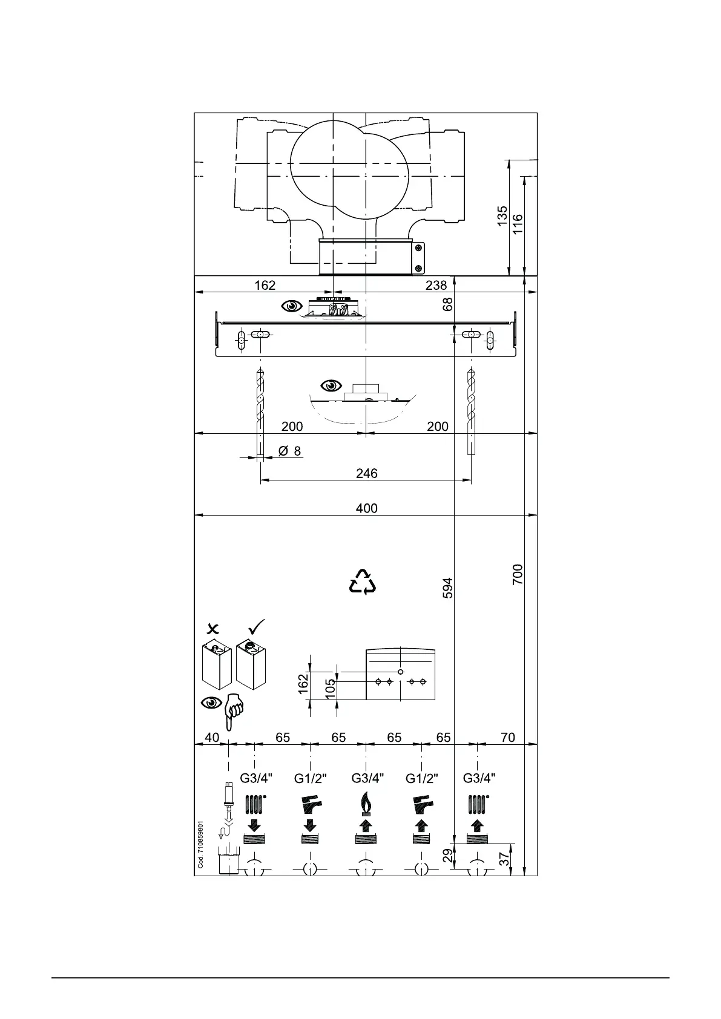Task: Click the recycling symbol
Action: click(x=363, y=582)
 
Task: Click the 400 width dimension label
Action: click(x=366, y=508)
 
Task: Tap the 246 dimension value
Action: click(x=366, y=473)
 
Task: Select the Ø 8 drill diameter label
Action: click(x=289, y=451)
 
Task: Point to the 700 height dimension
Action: click(x=518, y=574)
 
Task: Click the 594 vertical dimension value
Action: click(x=448, y=588)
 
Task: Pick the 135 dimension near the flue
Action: click(x=502, y=216)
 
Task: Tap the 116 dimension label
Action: click(x=518, y=224)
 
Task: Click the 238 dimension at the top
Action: click(x=436, y=285)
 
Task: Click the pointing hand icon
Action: click(x=233, y=712)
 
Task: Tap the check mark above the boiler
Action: click(x=257, y=626)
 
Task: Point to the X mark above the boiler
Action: click(x=212, y=628)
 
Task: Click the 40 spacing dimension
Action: click(x=212, y=738)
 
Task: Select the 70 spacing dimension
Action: click(x=508, y=738)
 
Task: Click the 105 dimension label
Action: click(x=331, y=689)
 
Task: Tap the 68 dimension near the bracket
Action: click(x=448, y=304)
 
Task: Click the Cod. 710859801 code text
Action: click(x=201, y=844)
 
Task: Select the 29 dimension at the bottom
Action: click(x=447, y=855)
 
